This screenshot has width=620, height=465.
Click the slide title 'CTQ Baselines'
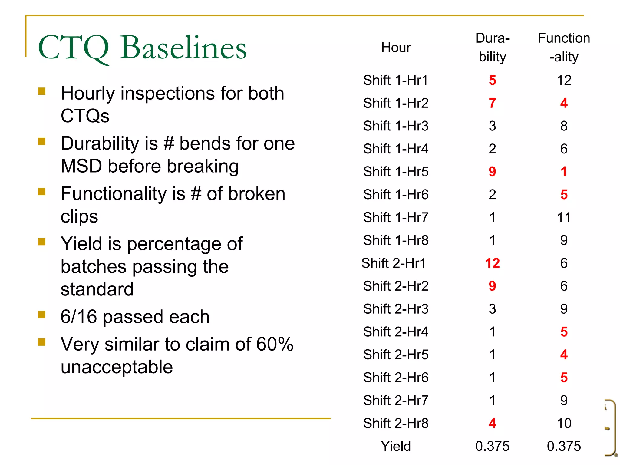pyautogui.click(x=142, y=48)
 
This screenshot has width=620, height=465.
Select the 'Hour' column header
pyautogui.click(x=396, y=48)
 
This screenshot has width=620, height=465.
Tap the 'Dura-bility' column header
pyautogui.click(x=492, y=48)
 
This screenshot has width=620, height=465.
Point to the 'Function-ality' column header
pyautogui.click(x=564, y=48)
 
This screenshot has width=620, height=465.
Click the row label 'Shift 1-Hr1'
pyautogui.click(x=396, y=80)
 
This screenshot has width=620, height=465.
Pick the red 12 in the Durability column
pyautogui.click(x=492, y=263)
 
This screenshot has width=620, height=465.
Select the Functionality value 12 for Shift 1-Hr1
pyautogui.click(x=564, y=80)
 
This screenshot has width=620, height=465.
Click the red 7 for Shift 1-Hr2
pyautogui.click(x=492, y=103)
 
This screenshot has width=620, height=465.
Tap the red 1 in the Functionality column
pyautogui.click(x=564, y=172)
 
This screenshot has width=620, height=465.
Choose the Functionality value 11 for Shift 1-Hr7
pyautogui.click(x=564, y=217)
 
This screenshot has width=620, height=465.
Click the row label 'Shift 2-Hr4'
pyautogui.click(x=396, y=332)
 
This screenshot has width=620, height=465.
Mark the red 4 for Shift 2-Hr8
pyautogui.click(x=492, y=423)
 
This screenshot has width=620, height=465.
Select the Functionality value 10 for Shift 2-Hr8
pyautogui.click(x=564, y=423)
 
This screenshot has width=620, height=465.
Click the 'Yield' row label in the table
pyautogui.click(x=396, y=446)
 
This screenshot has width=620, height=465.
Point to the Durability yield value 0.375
pyautogui.click(x=492, y=446)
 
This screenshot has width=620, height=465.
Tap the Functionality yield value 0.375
pyautogui.click(x=564, y=446)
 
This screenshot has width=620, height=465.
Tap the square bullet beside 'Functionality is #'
pyautogui.click(x=42, y=192)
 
